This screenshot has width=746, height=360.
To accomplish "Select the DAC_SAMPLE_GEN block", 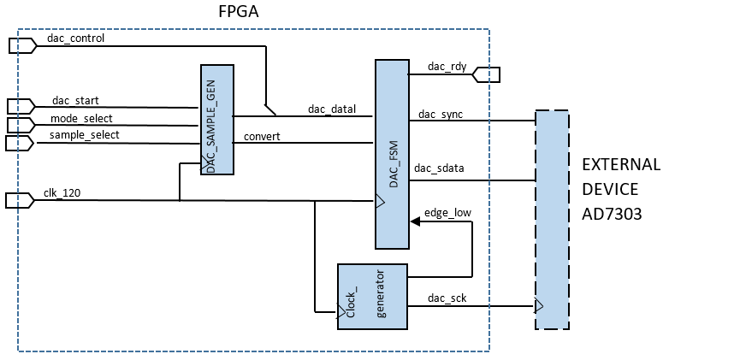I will pyautogui.click(x=217, y=120).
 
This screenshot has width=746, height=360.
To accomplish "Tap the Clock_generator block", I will pyautogui.click(x=372, y=297).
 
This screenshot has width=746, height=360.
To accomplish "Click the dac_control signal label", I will pyautogui.click(x=77, y=38).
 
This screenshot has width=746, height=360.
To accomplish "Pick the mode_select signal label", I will pyautogui.click(x=81, y=118).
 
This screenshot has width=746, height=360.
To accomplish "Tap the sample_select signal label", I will pyautogui.click(x=84, y=135).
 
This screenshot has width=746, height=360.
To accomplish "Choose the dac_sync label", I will pyautogui.click(x=441, y=114).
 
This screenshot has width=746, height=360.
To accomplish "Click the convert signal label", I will pyautogui.click(x=261, y=135).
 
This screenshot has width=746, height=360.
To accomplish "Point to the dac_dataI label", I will pyautogui.click(x=332, y=109).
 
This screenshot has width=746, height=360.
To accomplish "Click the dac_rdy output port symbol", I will pyautogui.click(x=486, y=75).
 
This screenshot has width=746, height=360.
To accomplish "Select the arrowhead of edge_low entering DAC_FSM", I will pyautogui.click(x=415, y=221).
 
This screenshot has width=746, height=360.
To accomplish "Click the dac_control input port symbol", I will pyautogui.click(x=21, y=46).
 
